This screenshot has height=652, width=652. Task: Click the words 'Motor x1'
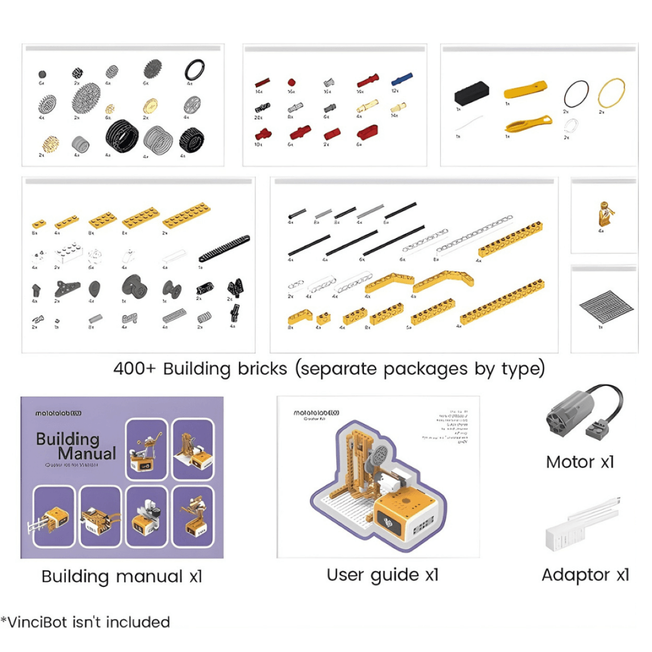pyautogui.click(x=580, y=462)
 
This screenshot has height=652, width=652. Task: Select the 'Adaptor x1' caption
pyautogui.click(x=585, y=575)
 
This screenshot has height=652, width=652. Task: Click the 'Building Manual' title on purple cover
pyautogui.click(x=76, y=446)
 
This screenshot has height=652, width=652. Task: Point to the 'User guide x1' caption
pyautogui.click(x=383, y=575)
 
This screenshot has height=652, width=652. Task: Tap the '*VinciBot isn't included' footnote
pyautogui.click(x=86, y=622)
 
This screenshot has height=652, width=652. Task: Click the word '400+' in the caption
pyautogui.click(x=134, y=369)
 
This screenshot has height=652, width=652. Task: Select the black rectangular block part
pyautogui.click(x=471, y=93)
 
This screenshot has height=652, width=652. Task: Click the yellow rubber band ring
pyautogui.click(x=611, y=93)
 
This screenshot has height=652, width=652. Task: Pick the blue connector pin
pyautogui.click(x=402, y=79)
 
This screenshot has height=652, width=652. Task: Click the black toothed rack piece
pyautogui.click(x=224, y=248)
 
